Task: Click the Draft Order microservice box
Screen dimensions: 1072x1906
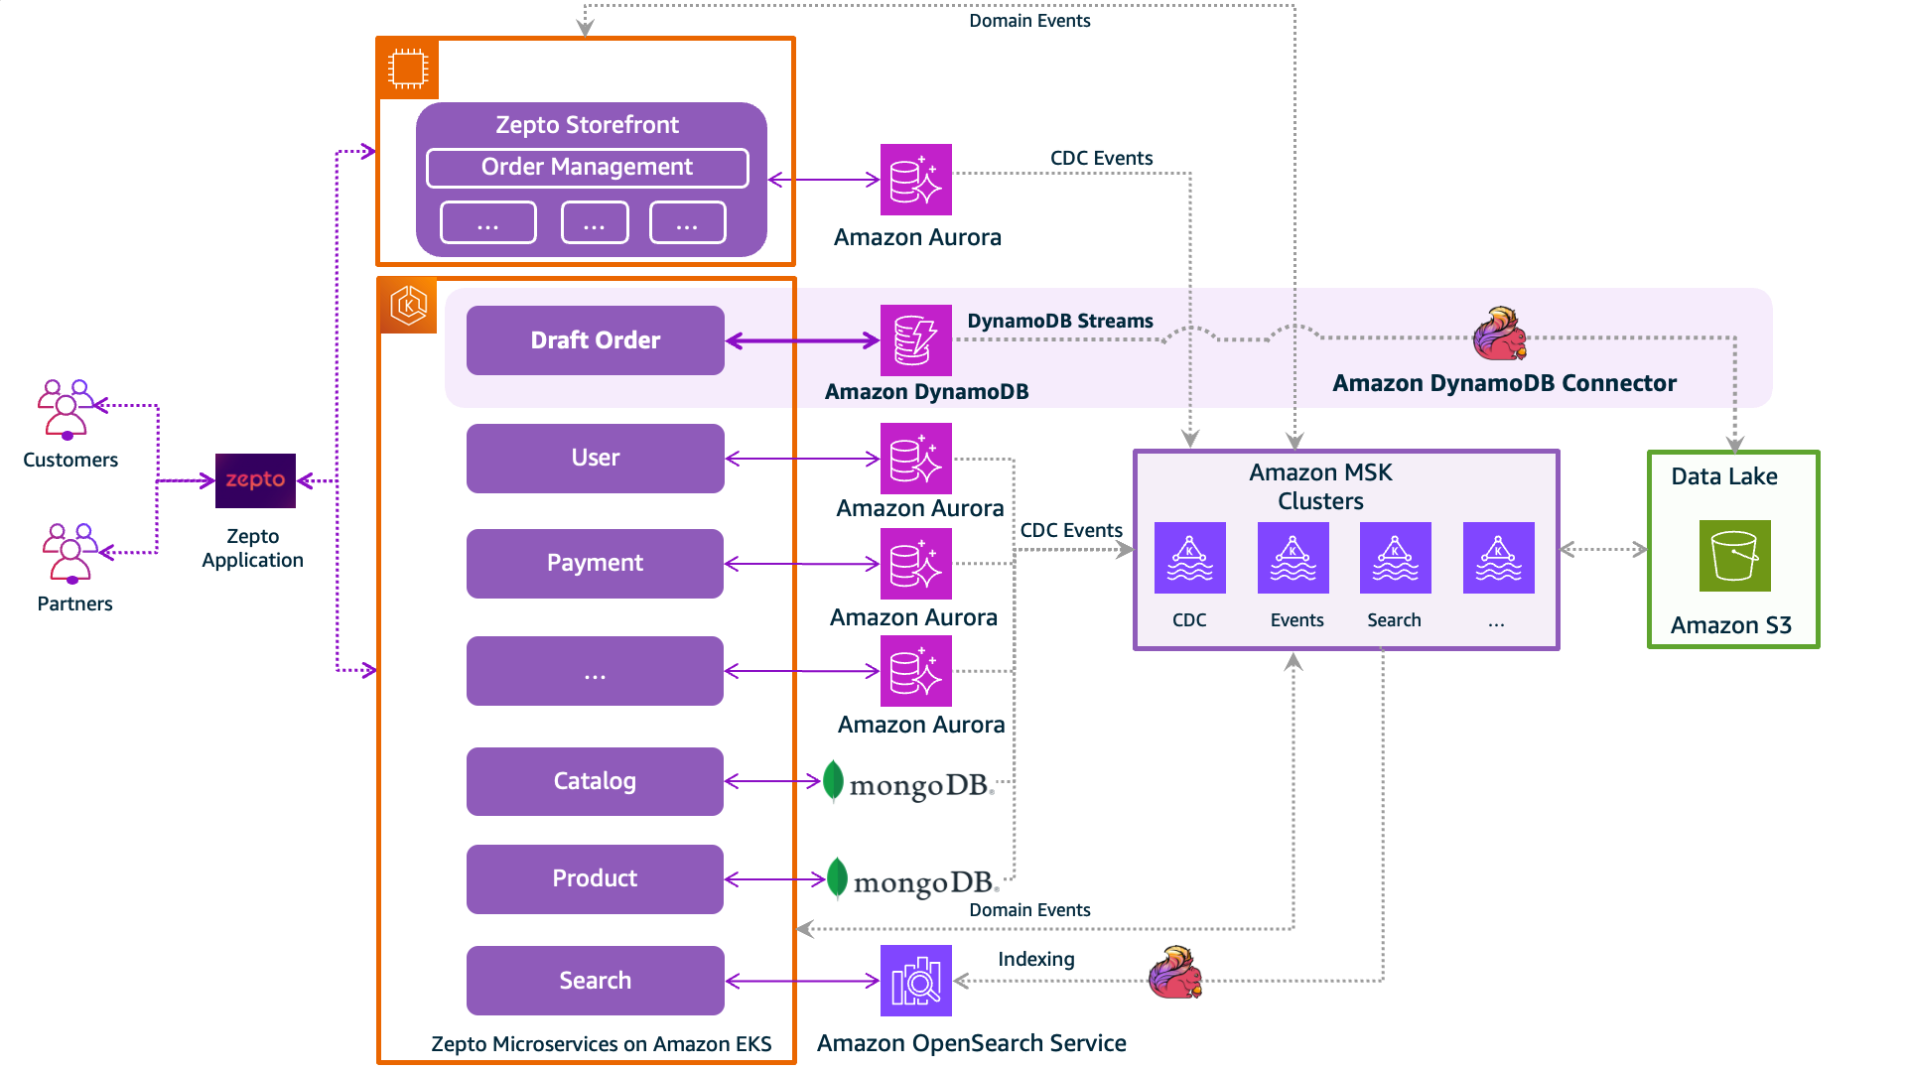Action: (595, 340)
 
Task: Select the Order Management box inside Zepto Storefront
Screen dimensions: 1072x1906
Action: (587, 168)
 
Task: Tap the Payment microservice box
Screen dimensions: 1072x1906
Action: (595, 563)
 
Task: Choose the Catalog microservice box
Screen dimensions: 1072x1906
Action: (595, 781)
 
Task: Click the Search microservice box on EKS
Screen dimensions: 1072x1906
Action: (595, 981)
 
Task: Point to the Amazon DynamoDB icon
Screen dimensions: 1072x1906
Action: (915, 340)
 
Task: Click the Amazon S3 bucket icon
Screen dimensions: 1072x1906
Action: (1734, 556)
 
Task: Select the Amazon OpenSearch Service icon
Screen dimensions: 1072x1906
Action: (915, 981)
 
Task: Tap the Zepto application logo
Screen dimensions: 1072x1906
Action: (255, 480)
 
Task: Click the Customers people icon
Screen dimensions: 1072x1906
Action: (66, 409)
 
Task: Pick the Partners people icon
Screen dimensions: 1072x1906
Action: (69, 553)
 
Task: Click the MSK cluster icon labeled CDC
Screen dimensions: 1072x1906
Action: (1189, 558)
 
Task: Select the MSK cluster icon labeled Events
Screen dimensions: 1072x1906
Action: (1293, 558)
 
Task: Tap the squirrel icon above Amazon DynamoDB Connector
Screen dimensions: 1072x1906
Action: (1499, 334)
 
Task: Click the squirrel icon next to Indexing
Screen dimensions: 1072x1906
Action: (1175, 973)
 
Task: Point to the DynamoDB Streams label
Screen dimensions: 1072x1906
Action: (1059, 321)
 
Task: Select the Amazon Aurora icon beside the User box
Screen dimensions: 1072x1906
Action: (915, 459)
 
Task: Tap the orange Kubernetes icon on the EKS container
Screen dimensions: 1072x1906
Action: (408, 306)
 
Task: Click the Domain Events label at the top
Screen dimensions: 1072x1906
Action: (1029, 21)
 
